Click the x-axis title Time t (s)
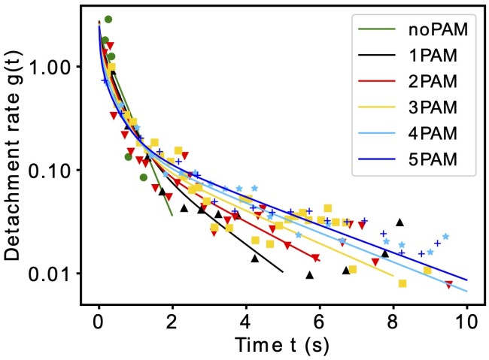click(x=283, y=345)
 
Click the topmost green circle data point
click(x=108, y=20)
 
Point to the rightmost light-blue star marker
click(x=445, y=237)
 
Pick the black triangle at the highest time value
click(x=400, y=222)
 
